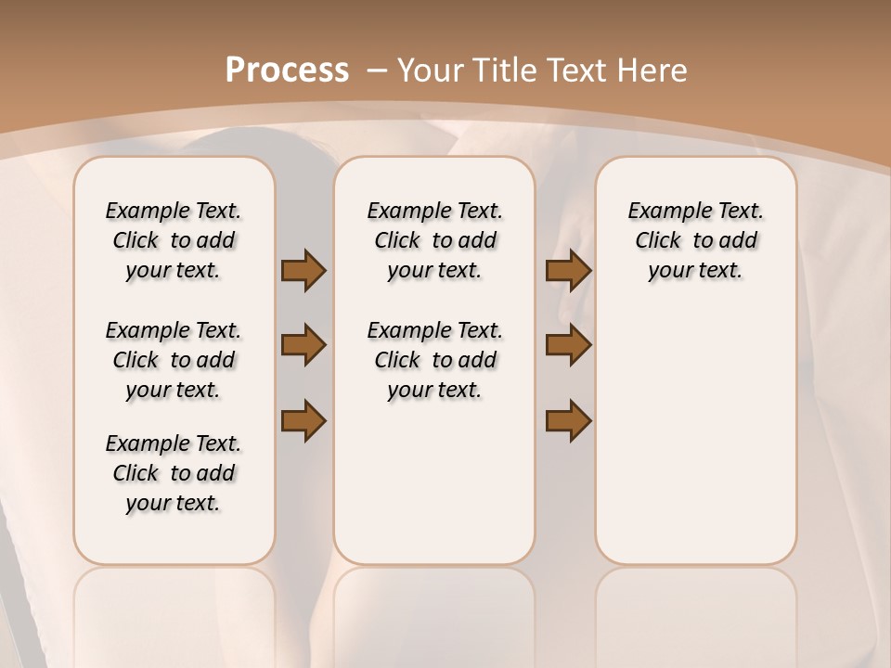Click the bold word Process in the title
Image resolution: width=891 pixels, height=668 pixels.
click(x=287, y=71)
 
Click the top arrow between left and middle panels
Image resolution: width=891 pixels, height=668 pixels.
click(x=303, y=270)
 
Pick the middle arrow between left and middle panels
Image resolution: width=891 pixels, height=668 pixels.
click(x=303, y=345)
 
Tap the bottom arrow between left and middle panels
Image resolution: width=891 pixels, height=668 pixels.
click(x=303, y=420)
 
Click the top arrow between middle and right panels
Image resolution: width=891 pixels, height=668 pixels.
click(x=568, y=270)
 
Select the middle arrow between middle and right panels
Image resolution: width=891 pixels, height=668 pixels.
click(x=568, y=345)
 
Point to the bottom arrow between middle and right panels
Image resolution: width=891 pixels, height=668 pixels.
click(x=568, y=420)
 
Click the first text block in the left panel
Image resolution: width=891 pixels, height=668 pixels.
click(x=174, y=240)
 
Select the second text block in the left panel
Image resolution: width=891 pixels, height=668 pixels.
click(x=174, y=360)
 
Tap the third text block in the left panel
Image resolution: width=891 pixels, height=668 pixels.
click(x=174, y=473)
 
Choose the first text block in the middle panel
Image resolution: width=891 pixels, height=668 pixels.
click(x=434, y=240)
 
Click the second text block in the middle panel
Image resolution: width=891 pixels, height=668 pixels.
click(x=434, y=360)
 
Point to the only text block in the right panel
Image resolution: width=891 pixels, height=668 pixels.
click(x=695, y=240)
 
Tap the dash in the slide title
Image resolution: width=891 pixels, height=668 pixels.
click(x=377, y=71)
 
